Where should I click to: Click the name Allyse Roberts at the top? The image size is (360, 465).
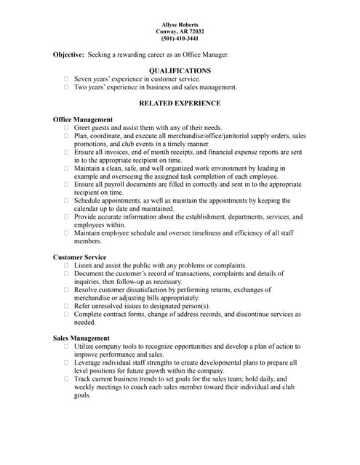coord(180,25)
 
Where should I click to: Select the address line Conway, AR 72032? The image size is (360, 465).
coord(180,32)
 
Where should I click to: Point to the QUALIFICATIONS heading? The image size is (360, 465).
coord(180,70)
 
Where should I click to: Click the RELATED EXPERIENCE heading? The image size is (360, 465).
coord(180,103)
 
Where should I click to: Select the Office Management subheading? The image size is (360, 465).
coord(83,119)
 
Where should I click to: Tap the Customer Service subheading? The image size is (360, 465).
coord(79,257)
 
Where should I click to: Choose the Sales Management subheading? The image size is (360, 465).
coord(81,338)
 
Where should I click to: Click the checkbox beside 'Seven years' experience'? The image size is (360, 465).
coord(66,79)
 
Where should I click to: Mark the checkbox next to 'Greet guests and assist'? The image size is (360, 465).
coord(66,128)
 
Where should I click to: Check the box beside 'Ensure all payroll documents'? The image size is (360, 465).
coord(66,185)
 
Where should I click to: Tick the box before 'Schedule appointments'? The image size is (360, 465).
coord(66,201)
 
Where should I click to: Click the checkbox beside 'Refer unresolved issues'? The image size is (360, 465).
coord(66,306)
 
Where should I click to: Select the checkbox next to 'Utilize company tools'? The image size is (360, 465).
coord(66,347)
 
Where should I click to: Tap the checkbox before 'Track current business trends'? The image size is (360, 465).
coord(66,379)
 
